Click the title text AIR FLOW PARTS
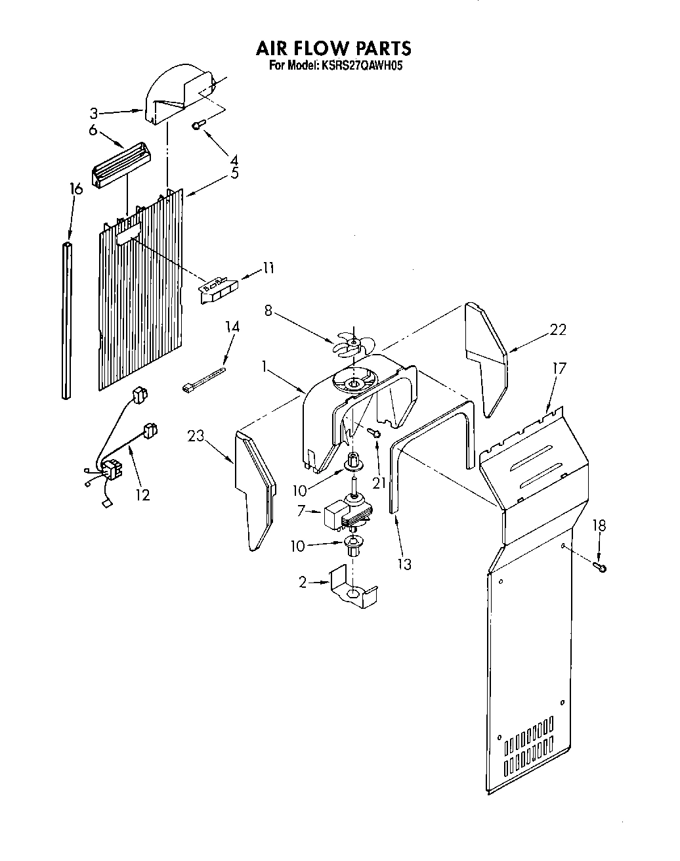coord(333,48)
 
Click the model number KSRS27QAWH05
coord(359,66)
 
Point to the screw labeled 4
coord(199,125)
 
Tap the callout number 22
coord(557,330)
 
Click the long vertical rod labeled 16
coord(67,320)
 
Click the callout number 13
coord(404,563)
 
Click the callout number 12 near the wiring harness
coord(142,494)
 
